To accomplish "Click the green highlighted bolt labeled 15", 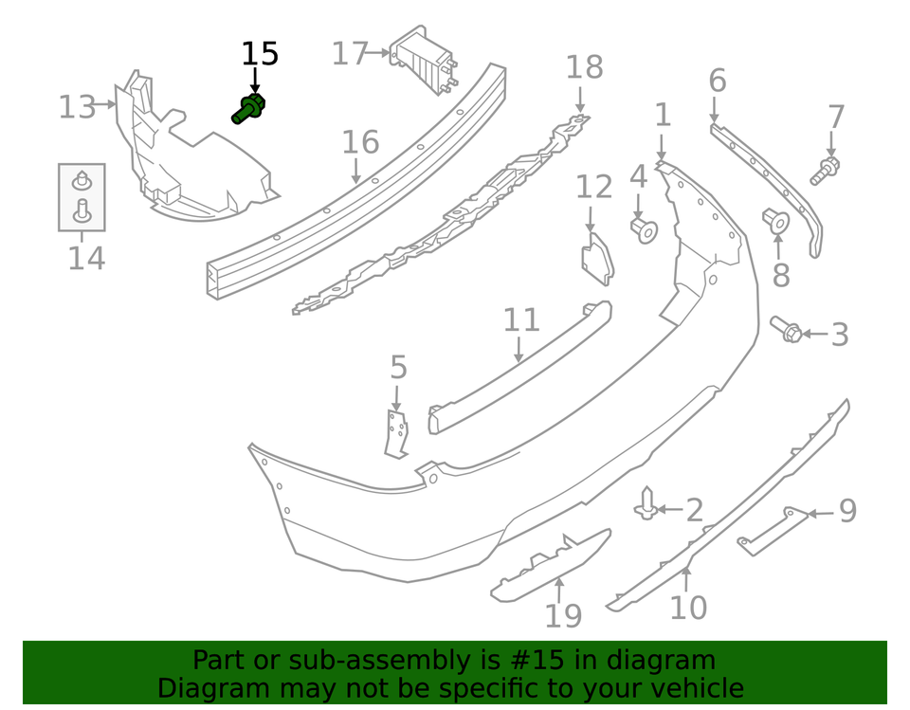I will [249, 109].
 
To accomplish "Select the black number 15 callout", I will [259, 55].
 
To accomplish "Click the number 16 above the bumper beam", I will [360, 143].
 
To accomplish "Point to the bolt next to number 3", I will [789, 331].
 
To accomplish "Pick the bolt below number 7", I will [826, 171].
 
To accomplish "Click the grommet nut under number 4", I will [644, 228].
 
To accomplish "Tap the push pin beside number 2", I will [646, 504].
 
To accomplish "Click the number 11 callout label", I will [520, 320].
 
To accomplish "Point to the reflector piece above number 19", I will [550, 566].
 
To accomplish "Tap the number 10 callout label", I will [688, 608].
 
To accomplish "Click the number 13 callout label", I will [77, 107].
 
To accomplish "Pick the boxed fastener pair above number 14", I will [82, 196].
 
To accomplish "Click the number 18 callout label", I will [584, 67].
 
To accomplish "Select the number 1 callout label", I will [663, 116].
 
